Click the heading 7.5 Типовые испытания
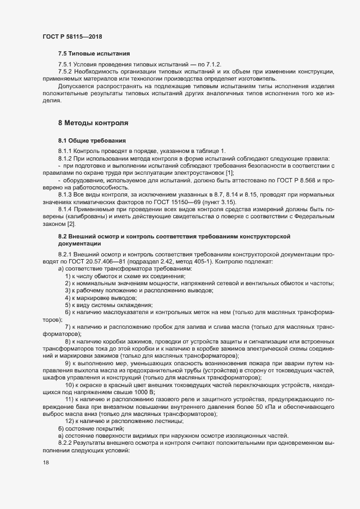tap(94, 53)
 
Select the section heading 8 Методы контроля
tap(93, 124)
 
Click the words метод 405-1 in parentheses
tap(193, 262)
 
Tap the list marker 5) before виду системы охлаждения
tap(68, 306)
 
